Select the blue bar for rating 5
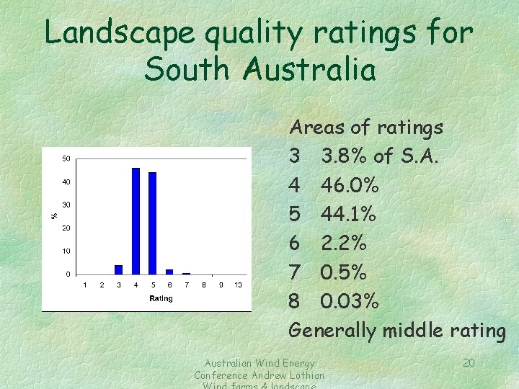pos(152,223)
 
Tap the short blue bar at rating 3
pos(118,269)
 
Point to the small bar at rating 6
pos(169,272)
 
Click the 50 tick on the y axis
pos(66,158)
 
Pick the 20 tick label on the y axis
pos(66,228)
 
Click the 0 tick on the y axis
pos(68,274)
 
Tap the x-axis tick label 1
pos(84,286)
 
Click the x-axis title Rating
pos(161,298)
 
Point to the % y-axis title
pos(53,215)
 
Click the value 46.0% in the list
pos(350,186)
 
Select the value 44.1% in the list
pos(348,215)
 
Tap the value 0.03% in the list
pos(350,301)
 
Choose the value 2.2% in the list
pos(344,243)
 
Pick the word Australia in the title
pos(310,71)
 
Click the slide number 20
pos(469,362)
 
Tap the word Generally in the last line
pos(332,331)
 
